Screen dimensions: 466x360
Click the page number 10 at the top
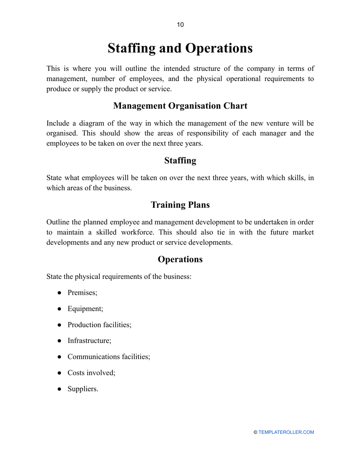pyautogui.click(x=180, y=25)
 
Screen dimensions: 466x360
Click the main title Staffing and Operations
pyautogui.click(x=180, y=48)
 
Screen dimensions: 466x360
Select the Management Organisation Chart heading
pyautogui.click(x=180, y=106)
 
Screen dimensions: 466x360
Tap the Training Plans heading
pyautogui.click(x=180, y=205)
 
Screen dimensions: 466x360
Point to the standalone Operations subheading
pyautogui.click(x=180, y=259)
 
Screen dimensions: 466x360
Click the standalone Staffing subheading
pyautogui.click(x=180, y=161)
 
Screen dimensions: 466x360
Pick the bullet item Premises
pyautogui.click(x=82, y=292)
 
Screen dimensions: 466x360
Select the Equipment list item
pyautogui.click(x=85, y=308)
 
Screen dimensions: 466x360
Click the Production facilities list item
pyautogui.click(x=99, y=325)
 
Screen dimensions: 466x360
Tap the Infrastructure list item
pyautogui.click(x=89, y=341)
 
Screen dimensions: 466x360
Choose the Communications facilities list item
pyautogui.click(x=109, y=357)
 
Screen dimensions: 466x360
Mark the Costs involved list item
pyautogui.click(x=91, y=373)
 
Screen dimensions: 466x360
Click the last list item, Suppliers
pyautogui.click(x=83, y=389)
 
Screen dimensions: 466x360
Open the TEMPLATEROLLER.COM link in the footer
pyautogui.click(x=286, y=432)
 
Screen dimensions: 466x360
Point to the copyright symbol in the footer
pyautogui.click(x=255, y=432)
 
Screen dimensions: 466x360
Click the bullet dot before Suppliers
pyautogui.click(x=59, y=389)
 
